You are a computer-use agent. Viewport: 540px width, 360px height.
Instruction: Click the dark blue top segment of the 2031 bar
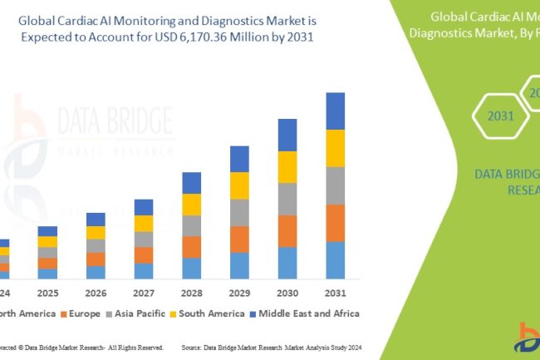coord(335,111)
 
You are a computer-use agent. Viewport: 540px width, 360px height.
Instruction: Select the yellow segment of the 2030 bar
coord(287,166)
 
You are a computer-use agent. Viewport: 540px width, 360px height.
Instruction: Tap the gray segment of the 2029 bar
coord(239,212)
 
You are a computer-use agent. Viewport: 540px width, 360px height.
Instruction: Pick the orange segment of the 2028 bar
coord(191,247)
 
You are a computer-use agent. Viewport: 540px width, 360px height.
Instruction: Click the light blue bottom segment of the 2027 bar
coord(144,271)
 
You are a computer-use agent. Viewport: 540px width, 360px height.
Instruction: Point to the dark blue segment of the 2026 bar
coord(96,219)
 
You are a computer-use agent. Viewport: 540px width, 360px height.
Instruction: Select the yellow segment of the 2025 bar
coord(48,241)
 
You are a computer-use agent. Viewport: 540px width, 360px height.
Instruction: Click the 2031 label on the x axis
coord(335,293)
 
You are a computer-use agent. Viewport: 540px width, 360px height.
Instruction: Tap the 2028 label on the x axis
coord(191,293)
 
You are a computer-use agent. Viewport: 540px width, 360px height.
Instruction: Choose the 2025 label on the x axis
coord(48,293)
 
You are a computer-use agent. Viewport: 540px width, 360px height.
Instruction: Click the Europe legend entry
coord(80,313)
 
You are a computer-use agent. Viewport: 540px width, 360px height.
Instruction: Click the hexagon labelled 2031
coord(501,116)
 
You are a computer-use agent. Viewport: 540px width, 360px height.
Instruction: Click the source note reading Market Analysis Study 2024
coord(340,347)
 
